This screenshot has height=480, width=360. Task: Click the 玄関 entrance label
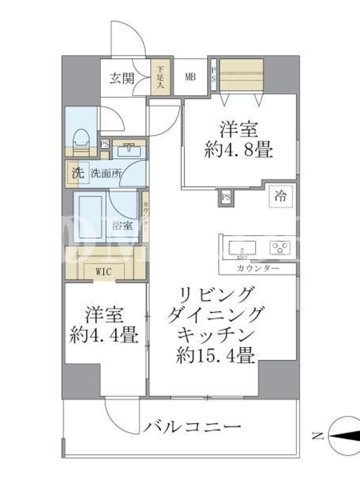pos(122,79)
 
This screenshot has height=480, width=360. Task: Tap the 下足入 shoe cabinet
pos(160,77)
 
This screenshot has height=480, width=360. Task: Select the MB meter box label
pos(190,77)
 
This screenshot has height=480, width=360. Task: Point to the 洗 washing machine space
pos(78,173)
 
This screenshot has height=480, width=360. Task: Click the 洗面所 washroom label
pos(106,173)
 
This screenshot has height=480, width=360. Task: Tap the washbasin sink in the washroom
pos(129,151)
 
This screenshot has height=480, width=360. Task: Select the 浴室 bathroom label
pos(122,226)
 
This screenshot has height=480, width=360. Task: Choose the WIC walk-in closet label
pos(103,272)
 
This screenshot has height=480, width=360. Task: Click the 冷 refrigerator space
pos(280,196)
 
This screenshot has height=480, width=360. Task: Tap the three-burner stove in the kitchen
pos(280,247)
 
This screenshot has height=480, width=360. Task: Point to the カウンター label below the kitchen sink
pos(258,269)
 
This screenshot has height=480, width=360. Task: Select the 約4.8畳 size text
pos(238,151)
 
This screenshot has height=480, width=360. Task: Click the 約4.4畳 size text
pos(104,335)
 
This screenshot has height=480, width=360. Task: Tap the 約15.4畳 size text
pos(215,355)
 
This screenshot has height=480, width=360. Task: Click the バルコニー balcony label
pos(193,427)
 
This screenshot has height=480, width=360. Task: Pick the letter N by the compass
pos(318,436)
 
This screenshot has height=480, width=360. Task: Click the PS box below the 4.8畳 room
pos(226,197)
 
